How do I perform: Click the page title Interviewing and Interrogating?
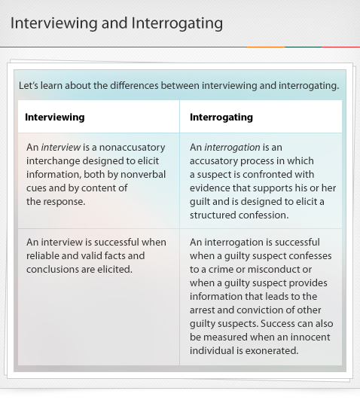click(117, 23)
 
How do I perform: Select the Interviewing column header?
click(54, 118)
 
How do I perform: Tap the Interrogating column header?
click(221, 118)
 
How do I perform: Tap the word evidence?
click(213, 188)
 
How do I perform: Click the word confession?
click(264, 215)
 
